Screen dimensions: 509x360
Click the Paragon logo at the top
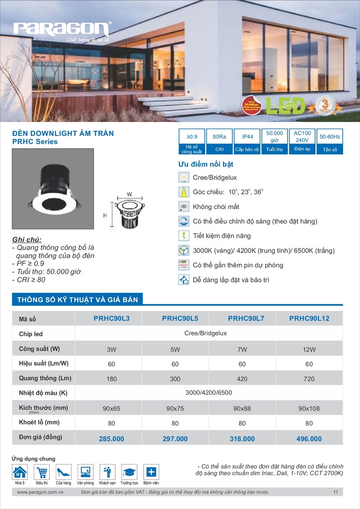(62, 30)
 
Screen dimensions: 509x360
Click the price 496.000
(309, 439)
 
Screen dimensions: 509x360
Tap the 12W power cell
(309, 349)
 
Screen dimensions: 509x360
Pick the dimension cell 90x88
(242, 409)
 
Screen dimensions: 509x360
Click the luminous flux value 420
(242, 379)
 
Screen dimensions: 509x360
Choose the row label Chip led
(31, 334)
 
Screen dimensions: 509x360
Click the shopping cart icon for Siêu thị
(42, 472)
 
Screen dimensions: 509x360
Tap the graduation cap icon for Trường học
(130, 472)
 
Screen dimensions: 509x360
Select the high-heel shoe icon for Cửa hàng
(63, 472)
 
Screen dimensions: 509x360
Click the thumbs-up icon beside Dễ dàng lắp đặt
(184, 280)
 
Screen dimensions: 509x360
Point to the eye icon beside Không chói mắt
(184, 207)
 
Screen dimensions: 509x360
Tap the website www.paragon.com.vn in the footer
(40, 492)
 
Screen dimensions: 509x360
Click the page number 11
(336, 492)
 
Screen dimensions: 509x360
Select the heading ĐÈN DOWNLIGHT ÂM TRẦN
(63, 133)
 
